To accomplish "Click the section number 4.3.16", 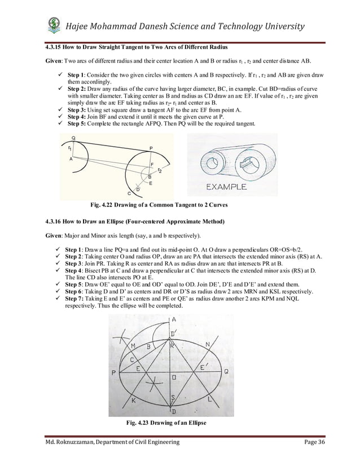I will pyautogui.click(x=53, y=220).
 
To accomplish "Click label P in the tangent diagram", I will pyautogui.click(x=151, y=148).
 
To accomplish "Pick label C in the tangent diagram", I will pyautogui.click(x=129, y=192).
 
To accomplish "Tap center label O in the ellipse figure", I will pyautogui.click(x=174, y=376).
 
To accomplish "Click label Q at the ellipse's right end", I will pyautogui.click(x=226, y=372).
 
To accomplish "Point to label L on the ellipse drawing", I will pyautogui.click(x=210, y=399).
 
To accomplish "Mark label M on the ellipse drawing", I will pyautogui.click(x=133, y=345).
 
